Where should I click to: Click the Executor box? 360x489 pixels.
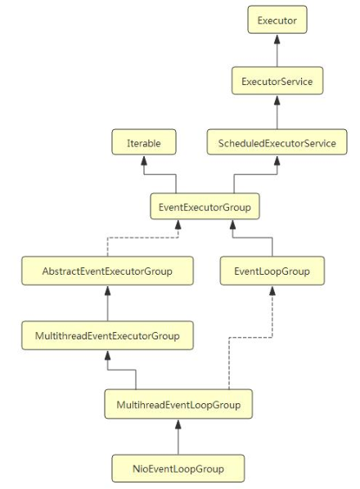pos(277,20)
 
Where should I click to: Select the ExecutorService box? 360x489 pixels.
pos(277,80)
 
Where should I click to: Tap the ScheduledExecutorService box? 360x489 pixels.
pos(277,142)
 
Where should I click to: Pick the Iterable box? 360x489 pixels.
pos(144,142)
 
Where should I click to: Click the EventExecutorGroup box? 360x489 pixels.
pos(205,206)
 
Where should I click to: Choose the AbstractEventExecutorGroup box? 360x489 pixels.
pos(108,271)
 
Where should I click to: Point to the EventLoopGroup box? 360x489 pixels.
pos(272,271)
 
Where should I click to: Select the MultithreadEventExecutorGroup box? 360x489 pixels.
pos(108,335)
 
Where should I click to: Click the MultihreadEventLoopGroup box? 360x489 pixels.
pos(178,404)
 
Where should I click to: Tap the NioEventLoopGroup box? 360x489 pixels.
pos(178,468)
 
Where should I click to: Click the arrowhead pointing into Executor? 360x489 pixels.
pos(277,38)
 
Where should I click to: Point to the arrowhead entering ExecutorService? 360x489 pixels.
pos(277,100)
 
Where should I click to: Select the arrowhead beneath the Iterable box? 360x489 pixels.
pos(144,160)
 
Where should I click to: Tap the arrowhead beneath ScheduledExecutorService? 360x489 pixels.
pos(277,160)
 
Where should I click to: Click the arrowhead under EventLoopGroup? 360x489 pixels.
pos(272,290)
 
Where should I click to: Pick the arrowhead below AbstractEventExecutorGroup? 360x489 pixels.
pos(108,290)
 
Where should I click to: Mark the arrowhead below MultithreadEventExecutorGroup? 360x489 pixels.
pos(108,355)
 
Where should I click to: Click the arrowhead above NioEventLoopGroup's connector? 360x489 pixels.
pos(178,424)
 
